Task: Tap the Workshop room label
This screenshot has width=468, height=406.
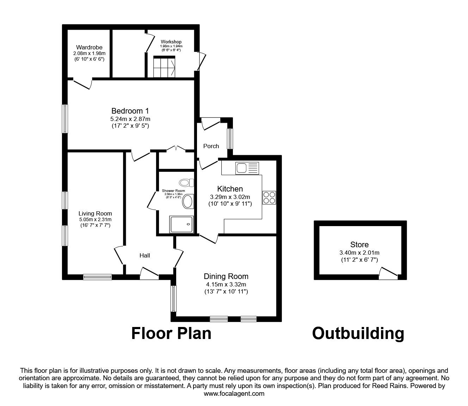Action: pyautogui.click(x=171, y=42)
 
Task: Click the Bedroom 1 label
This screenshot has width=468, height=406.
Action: pyautogui.click(x=127, y=111)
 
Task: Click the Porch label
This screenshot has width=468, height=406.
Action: pyautogui.click(x=211, y=146)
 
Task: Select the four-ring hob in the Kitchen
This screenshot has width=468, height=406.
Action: pyautogui.click(x=270, y=197)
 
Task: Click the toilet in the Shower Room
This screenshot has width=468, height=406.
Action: pyautogui.click(x=186, y=182)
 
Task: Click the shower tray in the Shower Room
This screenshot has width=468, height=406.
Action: pyautogui.click(x=182, y=224)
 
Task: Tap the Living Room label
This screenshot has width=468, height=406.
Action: pyautogui.click(x=95, y=213)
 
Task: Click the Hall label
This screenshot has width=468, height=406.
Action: pyautogui.click(x=144, y=255)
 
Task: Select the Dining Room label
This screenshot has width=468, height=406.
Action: pyautogui.click(x=226, y=277)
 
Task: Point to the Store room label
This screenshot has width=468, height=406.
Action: pyautogui.click(x=359, y=244)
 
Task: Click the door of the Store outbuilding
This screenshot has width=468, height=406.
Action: pyautogui.click(x=388, y=272)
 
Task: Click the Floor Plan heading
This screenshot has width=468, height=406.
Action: pyautogui.click(x=171, y=333)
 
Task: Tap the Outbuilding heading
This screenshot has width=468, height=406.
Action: pyautogui.click(x=358, y=333)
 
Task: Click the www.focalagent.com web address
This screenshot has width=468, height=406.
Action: pyautogui.click(x=234, y=394)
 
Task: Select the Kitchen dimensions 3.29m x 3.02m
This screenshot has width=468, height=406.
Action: pyautogui.click(x=230, y=197)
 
